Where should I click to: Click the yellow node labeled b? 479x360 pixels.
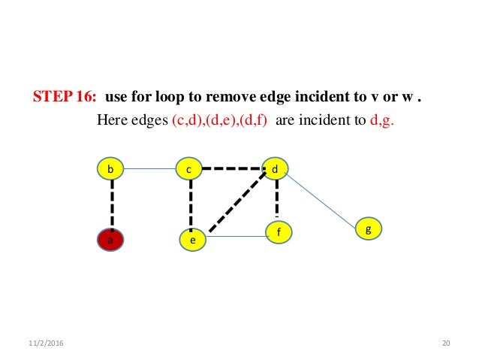111,169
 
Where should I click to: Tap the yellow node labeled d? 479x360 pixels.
276,169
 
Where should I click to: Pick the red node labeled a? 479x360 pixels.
111,240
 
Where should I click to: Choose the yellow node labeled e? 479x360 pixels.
192,241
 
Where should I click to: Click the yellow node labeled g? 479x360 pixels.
368,228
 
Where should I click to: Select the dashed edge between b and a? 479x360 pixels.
112,204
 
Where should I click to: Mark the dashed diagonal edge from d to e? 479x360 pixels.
239,201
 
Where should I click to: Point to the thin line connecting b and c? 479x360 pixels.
150,169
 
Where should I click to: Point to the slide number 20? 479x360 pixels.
446,343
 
